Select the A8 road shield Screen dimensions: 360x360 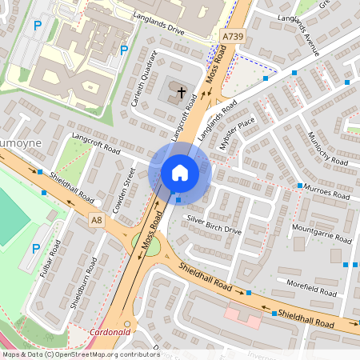(x=97, y=220)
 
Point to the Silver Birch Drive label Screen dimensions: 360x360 (x=214, y=224)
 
